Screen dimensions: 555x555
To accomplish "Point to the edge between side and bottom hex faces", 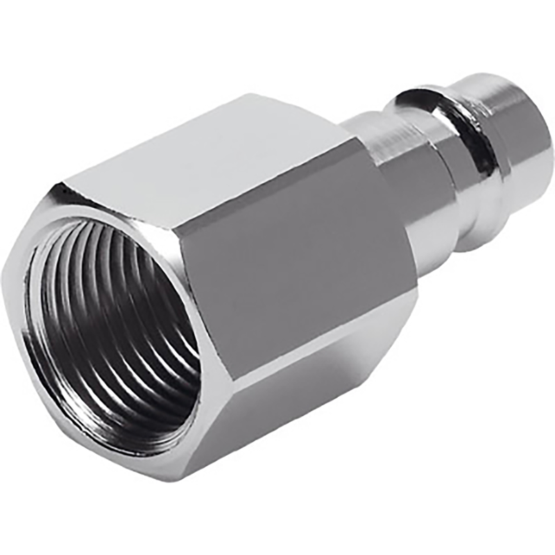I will pyautogui.click(x=326, y=347).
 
